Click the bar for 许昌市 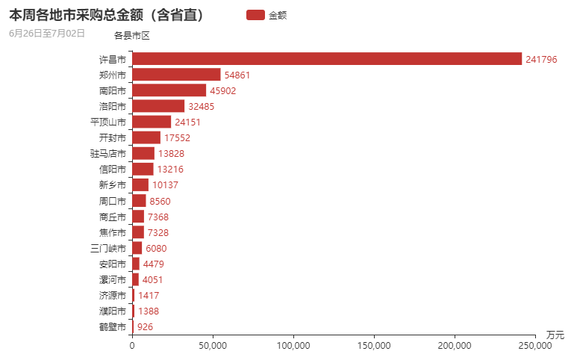coord(326,59)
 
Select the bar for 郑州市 coord(176,75)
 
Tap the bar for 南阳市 coord(169,90)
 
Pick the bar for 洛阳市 coord(158,106)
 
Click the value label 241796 coord(541,60)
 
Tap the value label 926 coord(145,327)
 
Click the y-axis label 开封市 coord(112,137)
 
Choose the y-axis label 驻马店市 coord(107,154)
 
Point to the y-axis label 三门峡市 coord(107,248)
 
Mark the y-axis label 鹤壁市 coord(112,327)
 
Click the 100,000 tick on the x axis coord(293,346)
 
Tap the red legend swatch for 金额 coord(255,15)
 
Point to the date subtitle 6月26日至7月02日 coord(47,34)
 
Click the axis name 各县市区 coord(132,35)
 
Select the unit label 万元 coord(555,334)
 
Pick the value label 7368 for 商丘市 coord(160,217)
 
